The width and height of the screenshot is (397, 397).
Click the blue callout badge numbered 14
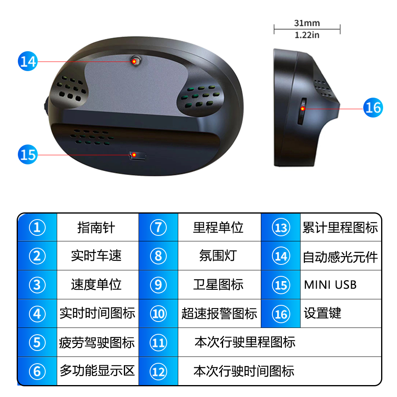click(x=28, y=61)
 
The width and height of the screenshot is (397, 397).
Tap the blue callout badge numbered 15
click(x=28, y=154)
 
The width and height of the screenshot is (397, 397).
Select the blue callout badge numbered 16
click(x=373, y=108)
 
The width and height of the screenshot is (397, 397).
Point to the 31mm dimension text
click(x=307, y=23)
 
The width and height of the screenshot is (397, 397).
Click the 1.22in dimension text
click(x=307, y=35)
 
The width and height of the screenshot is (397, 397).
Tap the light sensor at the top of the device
click(x=136, y=61)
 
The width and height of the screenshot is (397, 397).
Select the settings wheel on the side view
click(x=302, y=111)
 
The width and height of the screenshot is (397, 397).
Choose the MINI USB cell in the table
click(x=341, y=285)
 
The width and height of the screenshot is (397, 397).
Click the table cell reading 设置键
click(x=341, y=314)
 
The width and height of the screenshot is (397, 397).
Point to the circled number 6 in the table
click(x=37, y=372)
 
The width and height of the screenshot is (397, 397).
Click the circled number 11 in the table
click(x=158, y=343)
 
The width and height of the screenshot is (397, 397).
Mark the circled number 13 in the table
click(x=281, y=227)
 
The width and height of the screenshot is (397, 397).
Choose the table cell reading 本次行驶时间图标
click(x=279, y=371)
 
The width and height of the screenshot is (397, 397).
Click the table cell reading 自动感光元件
click(x=341, y=256)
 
